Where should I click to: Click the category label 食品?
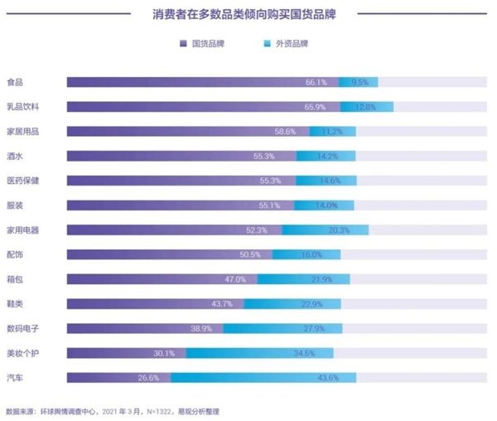click(x=14, y=82)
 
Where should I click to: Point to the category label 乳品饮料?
click(x=23, y=107)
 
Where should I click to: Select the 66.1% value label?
click(x=316, y=82)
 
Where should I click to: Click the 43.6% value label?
click(x=327, y=378)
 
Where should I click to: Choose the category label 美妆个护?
click(x=23, y=353)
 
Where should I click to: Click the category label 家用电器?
click(x=23, y=230)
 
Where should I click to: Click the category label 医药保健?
click(x=23, y=181)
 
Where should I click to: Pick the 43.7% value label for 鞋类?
click(x=222, y=304)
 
